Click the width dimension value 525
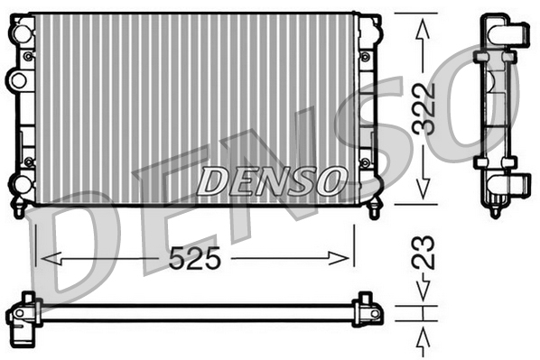(195, 259)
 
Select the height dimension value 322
(424, 109)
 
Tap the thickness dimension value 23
(424, 252)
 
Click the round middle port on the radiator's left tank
(16, 80)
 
